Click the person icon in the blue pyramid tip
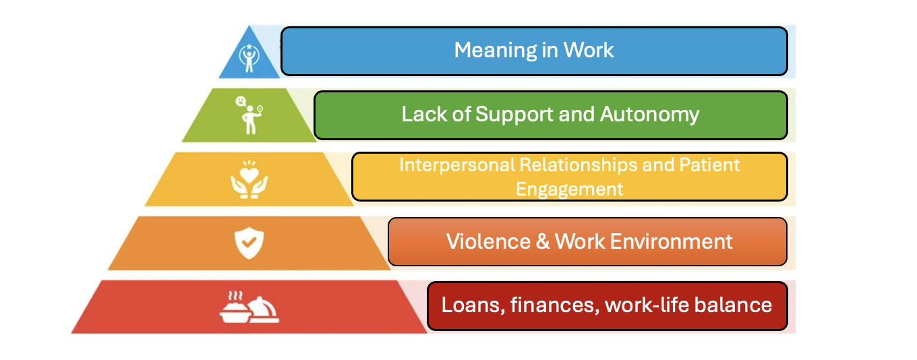249,58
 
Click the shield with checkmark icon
249,242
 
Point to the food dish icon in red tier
249,307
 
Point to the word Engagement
570,189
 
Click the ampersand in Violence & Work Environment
543,241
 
